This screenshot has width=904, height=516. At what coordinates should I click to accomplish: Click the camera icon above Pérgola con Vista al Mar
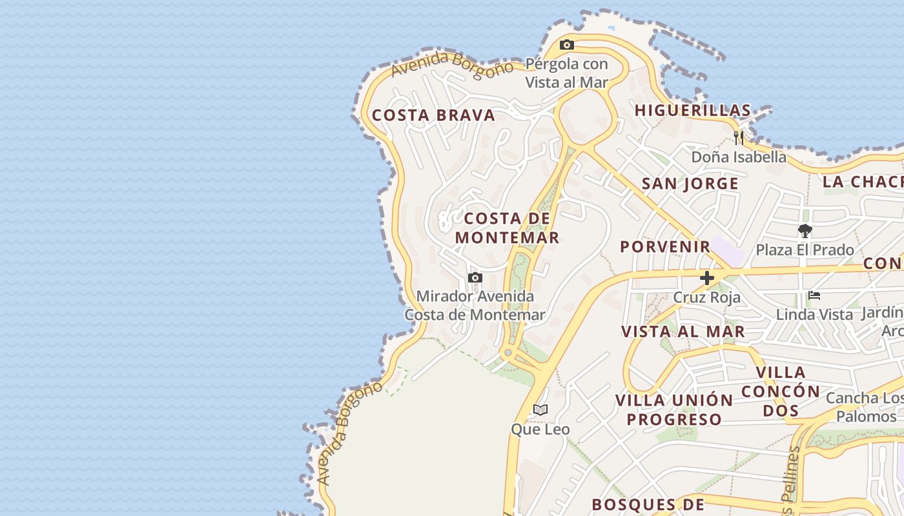click(x=567, y=45)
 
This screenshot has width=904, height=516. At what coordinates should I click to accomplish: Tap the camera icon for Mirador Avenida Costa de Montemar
click(x=475, y=277)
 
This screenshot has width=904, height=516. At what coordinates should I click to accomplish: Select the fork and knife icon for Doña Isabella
click(x=739, y=137)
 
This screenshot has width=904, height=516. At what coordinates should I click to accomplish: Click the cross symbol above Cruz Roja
click(x=707, y=278)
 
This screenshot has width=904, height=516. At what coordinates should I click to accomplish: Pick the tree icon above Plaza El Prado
click(x=805, y=230)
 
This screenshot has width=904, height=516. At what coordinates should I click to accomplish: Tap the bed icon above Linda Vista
click(x=814, y=295)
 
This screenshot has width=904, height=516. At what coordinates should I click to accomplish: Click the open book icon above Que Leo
click(x=540, y=410)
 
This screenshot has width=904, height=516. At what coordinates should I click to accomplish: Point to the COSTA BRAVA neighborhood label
click(x=433, y=115)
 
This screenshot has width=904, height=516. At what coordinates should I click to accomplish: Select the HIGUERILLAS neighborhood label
click(x=693, y=110)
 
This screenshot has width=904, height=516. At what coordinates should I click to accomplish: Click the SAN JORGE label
click(x=690, y=184)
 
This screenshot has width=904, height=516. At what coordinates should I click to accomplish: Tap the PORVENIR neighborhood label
click(x=665, y=246)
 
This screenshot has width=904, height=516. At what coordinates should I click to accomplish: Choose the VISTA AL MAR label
click(x=683, y=332)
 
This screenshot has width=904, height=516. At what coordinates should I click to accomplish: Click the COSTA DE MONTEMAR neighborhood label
click(x=507, y=228)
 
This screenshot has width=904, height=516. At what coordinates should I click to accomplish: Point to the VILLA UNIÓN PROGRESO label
click(x=674, y=410)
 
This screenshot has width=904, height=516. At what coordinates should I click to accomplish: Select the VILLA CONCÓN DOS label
click(x=781, y=391)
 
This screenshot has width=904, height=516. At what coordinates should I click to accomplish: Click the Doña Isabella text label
click(x=739, y=157)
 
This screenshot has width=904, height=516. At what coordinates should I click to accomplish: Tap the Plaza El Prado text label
click(x=805, y=250)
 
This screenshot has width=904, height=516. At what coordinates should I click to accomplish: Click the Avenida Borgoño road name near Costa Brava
click(x=452, y=65)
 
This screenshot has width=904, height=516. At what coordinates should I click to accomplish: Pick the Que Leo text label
click(x=540, y=429)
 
